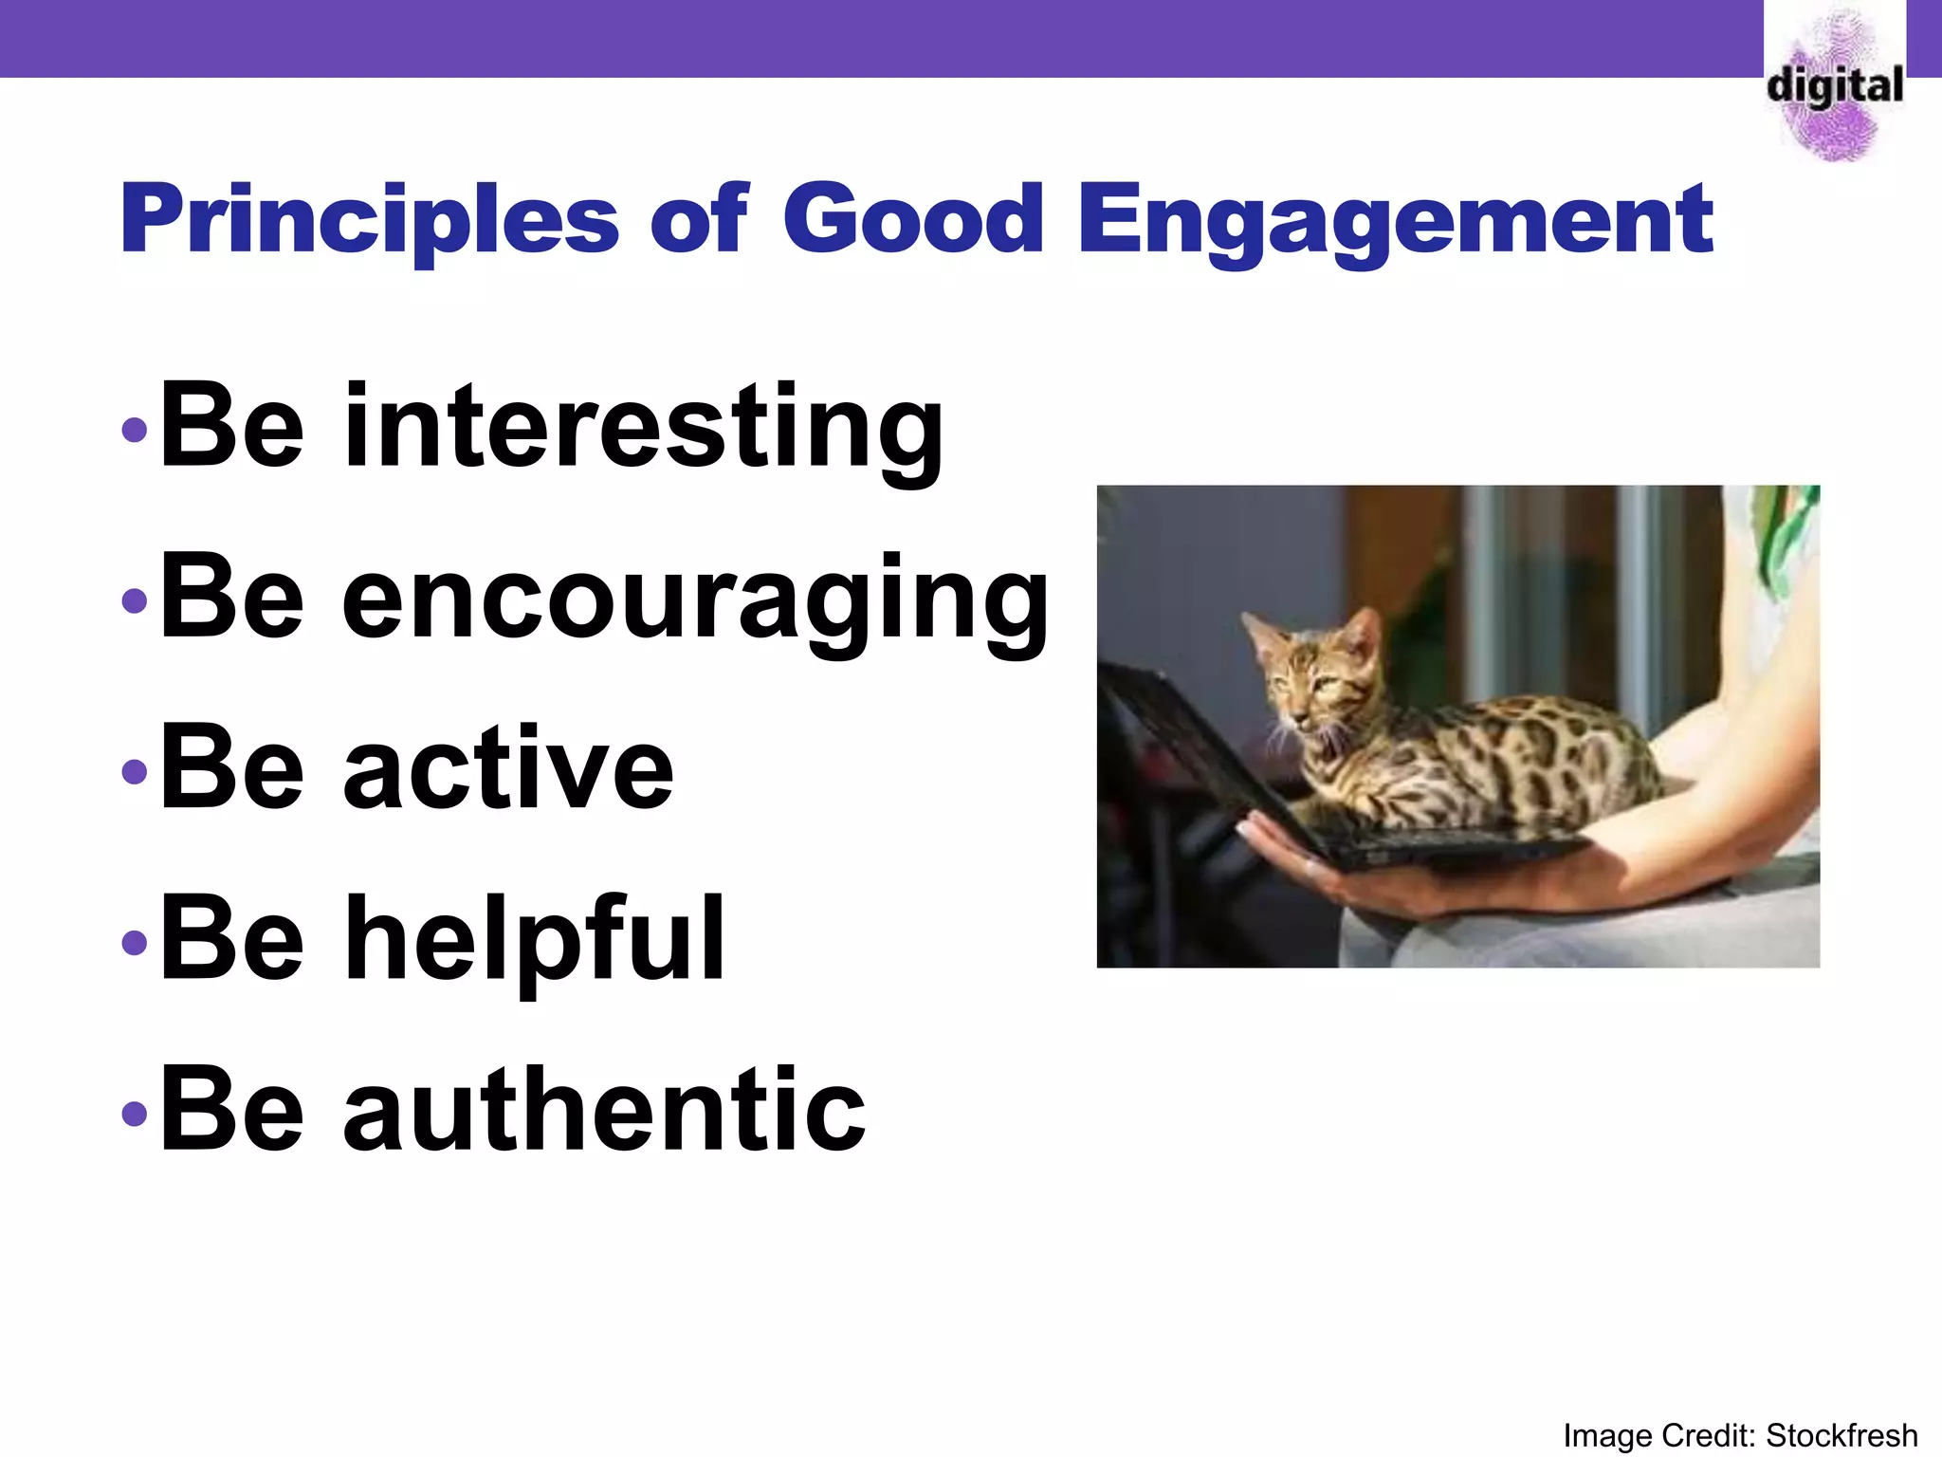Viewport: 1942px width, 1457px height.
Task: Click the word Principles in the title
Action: (370, 220)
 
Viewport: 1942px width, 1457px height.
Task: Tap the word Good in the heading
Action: (913, 220)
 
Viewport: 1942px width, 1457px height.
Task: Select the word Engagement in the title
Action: (1395, 220)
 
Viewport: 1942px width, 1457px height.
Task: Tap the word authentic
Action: (604, 1110)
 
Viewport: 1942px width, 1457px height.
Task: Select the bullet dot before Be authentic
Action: (135, 1113)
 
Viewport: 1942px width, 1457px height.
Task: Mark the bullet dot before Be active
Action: (135, 771)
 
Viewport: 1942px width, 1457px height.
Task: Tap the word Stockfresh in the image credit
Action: (1841, 1435)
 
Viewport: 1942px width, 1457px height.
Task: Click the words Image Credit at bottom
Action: (1659, 1435)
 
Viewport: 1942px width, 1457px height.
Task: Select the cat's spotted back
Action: (1517, 749)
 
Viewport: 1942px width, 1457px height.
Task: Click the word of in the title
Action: (700, 220)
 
